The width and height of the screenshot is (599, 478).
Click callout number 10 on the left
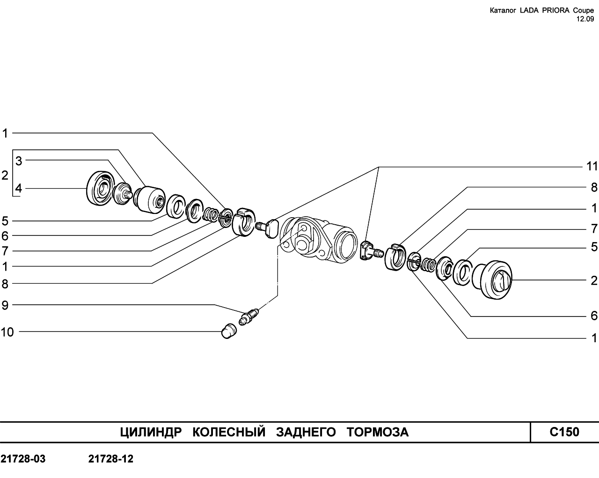tap(7, 332)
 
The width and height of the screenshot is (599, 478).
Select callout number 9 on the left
tap(5, 305)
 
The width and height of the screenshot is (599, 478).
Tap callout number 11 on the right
tap(592, 167)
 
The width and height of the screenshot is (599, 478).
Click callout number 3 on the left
tap(19, 161)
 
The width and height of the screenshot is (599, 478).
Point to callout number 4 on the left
tap(18, 188)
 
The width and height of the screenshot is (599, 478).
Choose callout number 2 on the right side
tap(594, 280)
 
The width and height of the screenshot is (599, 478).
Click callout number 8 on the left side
tap(5, 284)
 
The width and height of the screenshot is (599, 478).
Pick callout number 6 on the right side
tap(594, 316)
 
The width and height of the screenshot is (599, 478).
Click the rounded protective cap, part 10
tap(229, 331)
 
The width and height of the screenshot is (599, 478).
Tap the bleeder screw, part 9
tap(248, 317)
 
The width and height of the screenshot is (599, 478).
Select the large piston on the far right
tap(492, 279)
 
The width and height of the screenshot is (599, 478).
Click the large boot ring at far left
tap(100, 189)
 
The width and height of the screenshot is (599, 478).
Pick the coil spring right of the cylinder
tap(429, 265)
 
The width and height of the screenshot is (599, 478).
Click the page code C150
tap(564, 432)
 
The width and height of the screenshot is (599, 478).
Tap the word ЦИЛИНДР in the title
tap(151, 432)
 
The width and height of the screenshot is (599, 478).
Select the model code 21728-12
tap(111, 459)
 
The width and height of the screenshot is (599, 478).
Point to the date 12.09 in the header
tap(585, 19)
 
